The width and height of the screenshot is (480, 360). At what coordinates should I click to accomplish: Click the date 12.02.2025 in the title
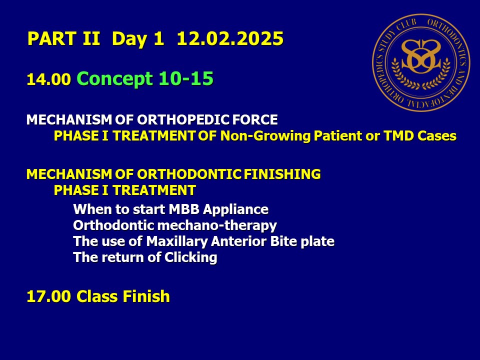pyautogui.click(x=230, y=38)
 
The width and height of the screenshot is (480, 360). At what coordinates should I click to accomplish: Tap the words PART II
pyautogui.click(x=63, y=38)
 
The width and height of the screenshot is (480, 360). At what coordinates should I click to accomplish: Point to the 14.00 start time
pyautogui.click(x=48, y=79)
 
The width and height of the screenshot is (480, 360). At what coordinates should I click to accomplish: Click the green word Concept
pyautogui.click(x=115, y=79)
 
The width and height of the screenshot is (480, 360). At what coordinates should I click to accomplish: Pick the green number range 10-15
pyautogui.click(x=186, y=78)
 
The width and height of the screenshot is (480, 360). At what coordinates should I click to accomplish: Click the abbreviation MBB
pyautogui.click(x=184, y=209)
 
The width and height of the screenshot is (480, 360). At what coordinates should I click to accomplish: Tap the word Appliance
pyautogui.click(x=235, y=210)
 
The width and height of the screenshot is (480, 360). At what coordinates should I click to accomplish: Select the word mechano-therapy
pyautogui.click(x=217, y=226)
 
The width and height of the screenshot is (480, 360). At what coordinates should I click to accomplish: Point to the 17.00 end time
pyautogui.click(x=48, y=296)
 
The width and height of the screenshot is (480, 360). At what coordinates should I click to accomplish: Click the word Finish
pyautogui.click(x=146, y=296)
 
